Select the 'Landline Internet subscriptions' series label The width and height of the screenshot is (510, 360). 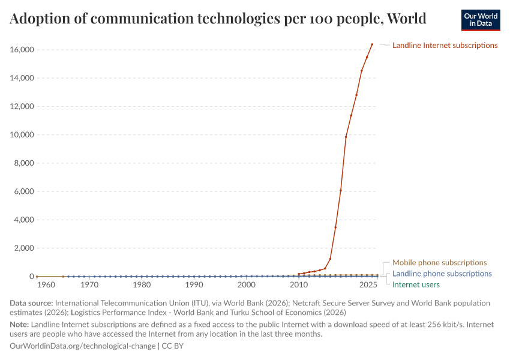tap(445, 45)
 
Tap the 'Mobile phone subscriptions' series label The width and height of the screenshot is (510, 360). tap(439, 263)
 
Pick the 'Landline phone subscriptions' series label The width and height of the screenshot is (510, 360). tap(442, 274)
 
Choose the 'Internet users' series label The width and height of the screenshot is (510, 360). tap(416, 284)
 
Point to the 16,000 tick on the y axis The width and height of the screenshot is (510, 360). tap(21, 50)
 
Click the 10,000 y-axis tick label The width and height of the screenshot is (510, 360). tap(21, 135)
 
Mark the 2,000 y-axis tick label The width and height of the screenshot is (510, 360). tap(23, 248)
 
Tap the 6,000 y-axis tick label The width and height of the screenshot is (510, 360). tap(23, 191)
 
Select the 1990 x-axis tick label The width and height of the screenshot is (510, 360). tap(194, 285)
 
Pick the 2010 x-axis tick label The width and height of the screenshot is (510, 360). tap(298, 285)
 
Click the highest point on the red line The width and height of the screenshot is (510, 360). tap(372, 44)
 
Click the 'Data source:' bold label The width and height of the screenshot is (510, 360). tap(32, 303)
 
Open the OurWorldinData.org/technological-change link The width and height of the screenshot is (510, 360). tap(83, 346)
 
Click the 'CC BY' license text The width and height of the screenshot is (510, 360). tap(175, 346)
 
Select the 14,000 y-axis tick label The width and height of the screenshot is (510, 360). tap(21, 78)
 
